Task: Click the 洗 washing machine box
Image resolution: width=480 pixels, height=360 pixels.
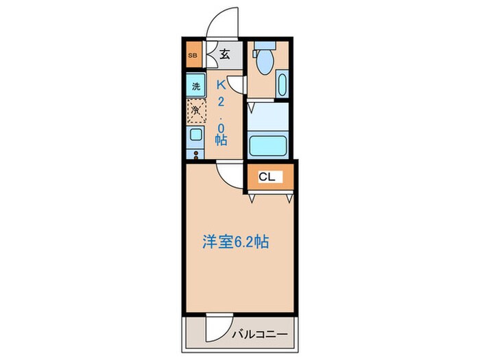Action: tap(196, 86)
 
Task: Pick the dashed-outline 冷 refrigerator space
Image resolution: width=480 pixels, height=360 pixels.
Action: tap(196, 110)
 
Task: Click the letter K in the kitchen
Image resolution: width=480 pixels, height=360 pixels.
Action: tap(221, 86)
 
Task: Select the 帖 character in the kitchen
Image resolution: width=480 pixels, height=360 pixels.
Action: tap(221, 139)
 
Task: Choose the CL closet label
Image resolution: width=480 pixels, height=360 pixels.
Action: tap(267, 177)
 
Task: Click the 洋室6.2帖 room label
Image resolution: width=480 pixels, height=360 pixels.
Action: tap(235, 241)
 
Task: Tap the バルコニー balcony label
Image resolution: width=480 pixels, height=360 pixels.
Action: tap(259, 334)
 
